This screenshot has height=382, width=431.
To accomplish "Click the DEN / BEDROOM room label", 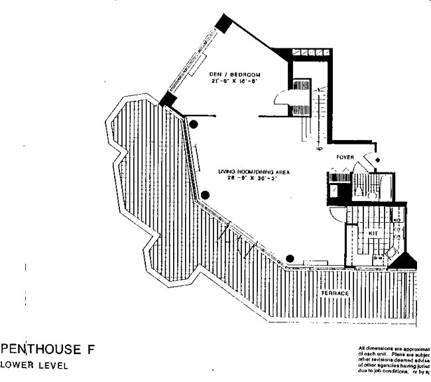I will [233, 74].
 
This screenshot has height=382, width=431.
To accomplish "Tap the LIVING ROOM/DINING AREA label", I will [254, 171].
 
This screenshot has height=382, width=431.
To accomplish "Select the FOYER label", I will [346, 158].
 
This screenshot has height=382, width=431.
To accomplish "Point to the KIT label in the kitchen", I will [373, 233].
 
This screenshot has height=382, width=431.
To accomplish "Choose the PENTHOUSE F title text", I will [48, 350].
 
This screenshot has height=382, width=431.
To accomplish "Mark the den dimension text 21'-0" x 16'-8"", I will [233, 81].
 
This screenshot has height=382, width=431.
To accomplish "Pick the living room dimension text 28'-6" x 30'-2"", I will [254, 178].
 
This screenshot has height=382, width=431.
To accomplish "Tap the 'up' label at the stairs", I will [320, 149].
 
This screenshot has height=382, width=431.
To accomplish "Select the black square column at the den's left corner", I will [168, 99].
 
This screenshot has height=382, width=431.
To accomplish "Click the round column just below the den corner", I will [194, 123].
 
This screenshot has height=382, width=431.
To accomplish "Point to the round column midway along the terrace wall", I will [206, 195].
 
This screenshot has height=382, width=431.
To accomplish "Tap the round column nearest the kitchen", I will [290, 258].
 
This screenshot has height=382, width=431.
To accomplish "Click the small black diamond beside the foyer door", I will [378, 160].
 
